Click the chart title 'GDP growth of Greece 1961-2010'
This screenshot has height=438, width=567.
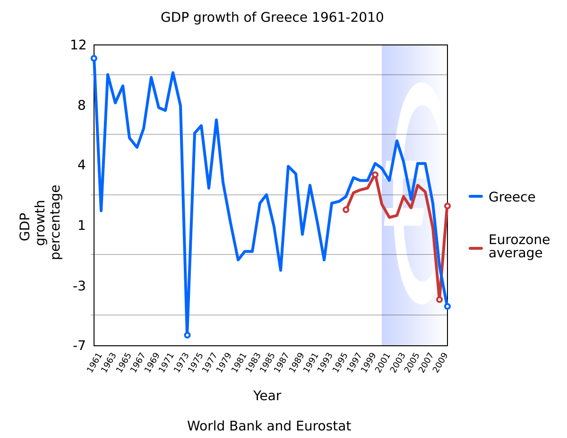(272, 18)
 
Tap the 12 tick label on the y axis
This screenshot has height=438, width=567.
(78, 45)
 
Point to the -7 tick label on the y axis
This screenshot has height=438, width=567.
(78, 346)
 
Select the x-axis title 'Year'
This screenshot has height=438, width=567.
(267, 395)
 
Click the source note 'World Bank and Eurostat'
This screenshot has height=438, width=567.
(269, 426)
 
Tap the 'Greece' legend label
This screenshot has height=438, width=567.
(512, 197)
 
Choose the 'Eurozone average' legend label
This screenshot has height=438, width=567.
(518, 246)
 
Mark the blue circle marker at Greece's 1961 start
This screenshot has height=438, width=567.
(94, 58)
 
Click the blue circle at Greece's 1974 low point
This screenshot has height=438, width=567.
(187, 335)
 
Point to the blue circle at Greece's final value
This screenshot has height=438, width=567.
(447, 306)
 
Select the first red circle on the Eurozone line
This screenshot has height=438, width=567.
(346, 210)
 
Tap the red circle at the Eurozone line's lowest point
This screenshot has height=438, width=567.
(439, 299)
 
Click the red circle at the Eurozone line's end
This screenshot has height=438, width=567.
(447, 206)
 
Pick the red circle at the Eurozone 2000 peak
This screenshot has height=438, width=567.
(375, 175)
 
